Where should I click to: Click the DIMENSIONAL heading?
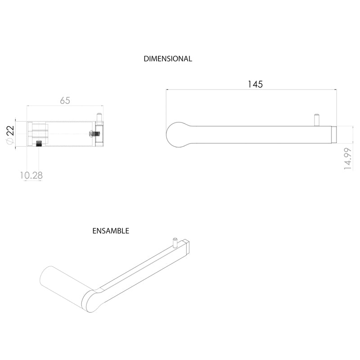tap(168, 59)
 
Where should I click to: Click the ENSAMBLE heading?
tap(111, 231)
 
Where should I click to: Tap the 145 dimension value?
tap(255, 84)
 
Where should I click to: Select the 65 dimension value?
tap(65, 100)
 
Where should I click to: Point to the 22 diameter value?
tap(11, 131)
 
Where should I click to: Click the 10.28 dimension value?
tap(31, 175)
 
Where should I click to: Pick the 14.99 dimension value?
tap(347, 159)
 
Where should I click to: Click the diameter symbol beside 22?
tap(10, 141)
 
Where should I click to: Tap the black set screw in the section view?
tap(39, 144)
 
